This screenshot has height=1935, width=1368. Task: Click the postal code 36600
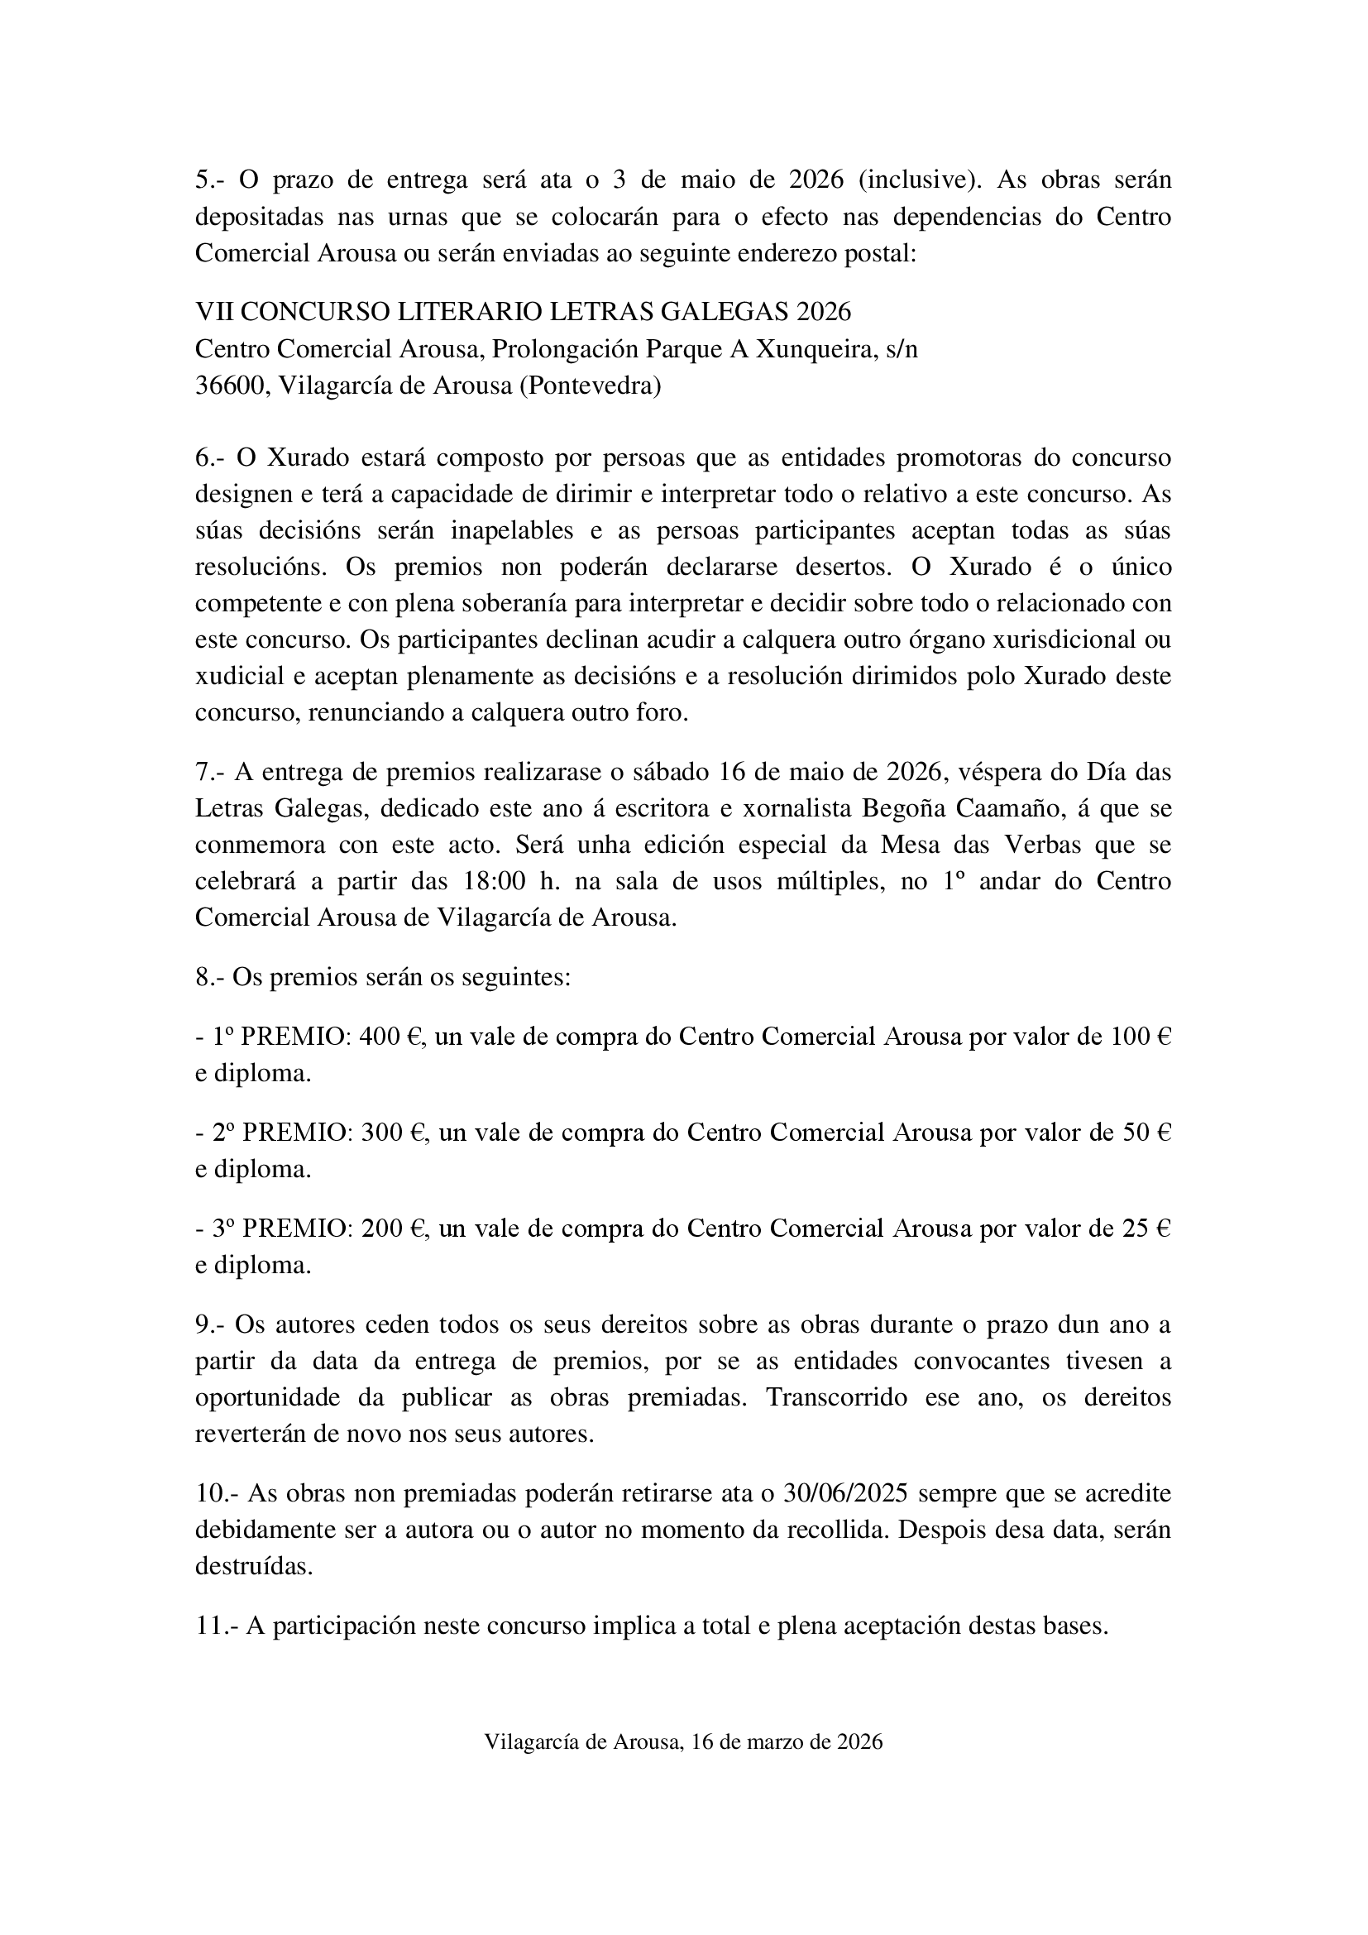(x=229, y=386)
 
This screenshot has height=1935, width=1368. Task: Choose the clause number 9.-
(x=211, y=1324)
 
